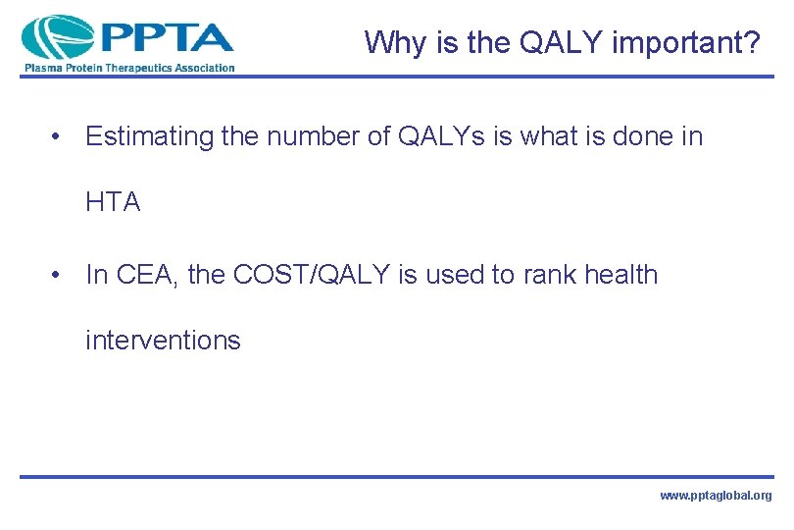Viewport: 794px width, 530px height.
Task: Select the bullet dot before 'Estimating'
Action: click(x=61, y=137)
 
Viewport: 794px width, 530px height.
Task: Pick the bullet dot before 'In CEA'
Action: click(x=61, y=276)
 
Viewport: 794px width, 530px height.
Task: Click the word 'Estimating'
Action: click(x=149, y=137)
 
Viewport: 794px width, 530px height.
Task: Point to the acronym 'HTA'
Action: click(x=114, y=203)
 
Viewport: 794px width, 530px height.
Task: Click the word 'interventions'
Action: click(x=163, y=341)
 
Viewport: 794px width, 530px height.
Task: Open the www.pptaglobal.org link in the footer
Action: click(x=716, y=497)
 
